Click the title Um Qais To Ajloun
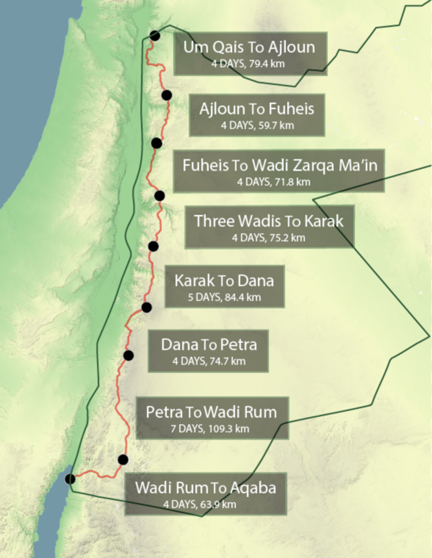point(249,47)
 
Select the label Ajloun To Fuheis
point(257,109)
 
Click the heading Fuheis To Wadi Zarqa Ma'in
point(280,165)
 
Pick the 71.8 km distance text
point(292,182)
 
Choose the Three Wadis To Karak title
point(269,221)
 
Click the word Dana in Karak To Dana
point(256,281)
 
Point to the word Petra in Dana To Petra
point(239,345)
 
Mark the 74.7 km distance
point(227,361)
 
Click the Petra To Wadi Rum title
point(211,412)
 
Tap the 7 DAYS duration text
point(187,429)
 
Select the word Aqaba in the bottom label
point(253,488)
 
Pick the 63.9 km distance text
point(218,504)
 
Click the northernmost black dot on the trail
point(155,36)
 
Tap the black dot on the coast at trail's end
point(70,479)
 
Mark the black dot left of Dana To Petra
point(128,355)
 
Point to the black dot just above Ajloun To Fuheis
point(167,95)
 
